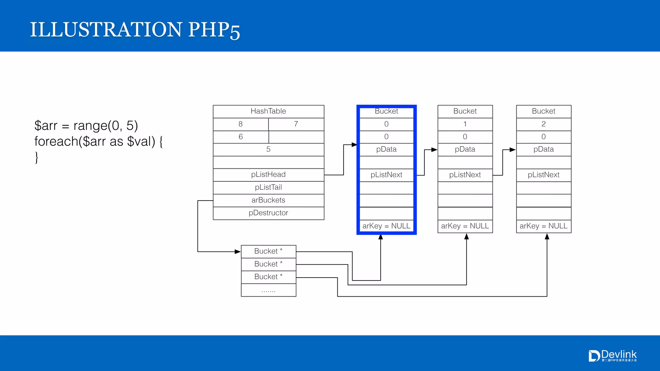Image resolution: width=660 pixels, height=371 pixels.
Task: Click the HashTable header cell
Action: (268, 111)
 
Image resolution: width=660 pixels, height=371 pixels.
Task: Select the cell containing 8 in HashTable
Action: (240, 124)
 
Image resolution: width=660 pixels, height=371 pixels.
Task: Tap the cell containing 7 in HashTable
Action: (296, 124)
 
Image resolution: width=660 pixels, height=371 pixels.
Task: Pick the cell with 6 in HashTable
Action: (240, 137)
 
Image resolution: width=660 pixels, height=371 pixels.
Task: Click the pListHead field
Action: (268, 175)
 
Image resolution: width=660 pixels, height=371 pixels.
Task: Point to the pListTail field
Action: (268, 187)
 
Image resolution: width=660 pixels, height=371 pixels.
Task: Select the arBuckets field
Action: (268, 200)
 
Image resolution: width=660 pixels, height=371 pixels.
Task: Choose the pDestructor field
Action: (268, 213)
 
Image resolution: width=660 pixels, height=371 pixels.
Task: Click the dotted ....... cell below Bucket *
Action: (268, 290)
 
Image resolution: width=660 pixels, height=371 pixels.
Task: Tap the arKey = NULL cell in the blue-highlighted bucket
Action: (386, 226)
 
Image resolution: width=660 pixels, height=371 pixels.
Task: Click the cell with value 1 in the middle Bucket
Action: (465, 124)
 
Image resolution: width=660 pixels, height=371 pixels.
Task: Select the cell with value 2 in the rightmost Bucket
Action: (544, 124)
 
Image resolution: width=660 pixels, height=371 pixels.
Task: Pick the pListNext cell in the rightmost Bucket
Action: (544, 175)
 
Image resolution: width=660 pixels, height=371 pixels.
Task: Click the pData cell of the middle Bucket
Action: (465, 149)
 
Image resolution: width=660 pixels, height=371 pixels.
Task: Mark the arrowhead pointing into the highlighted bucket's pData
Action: (354, 145)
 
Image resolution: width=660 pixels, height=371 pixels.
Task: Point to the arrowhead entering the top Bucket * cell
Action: (238, 252)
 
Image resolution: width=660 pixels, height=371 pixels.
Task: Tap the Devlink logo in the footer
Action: (613, 356)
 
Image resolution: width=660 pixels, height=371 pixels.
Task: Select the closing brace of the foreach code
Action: (37, 158)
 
